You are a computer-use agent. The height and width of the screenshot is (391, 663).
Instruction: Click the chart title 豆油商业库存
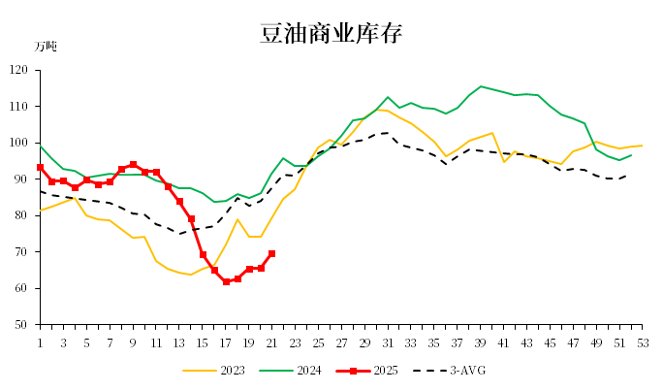click(331, 34)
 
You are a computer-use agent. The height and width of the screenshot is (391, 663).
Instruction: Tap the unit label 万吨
click(46, 47)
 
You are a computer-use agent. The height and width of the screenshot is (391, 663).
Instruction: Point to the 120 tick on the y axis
click(19, 70)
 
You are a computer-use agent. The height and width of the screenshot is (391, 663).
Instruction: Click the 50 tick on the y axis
click(22, 325)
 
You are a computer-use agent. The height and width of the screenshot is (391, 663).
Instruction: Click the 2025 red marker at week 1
click(40, 167)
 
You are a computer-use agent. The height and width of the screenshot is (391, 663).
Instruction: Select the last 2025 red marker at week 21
click(271, 254)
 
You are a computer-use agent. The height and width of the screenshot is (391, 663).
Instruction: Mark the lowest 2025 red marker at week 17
click(226, 281)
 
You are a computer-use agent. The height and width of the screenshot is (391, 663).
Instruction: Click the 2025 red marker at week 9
click(133, 165)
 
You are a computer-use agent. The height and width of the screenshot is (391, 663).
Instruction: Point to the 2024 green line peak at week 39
click(481, 86)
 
